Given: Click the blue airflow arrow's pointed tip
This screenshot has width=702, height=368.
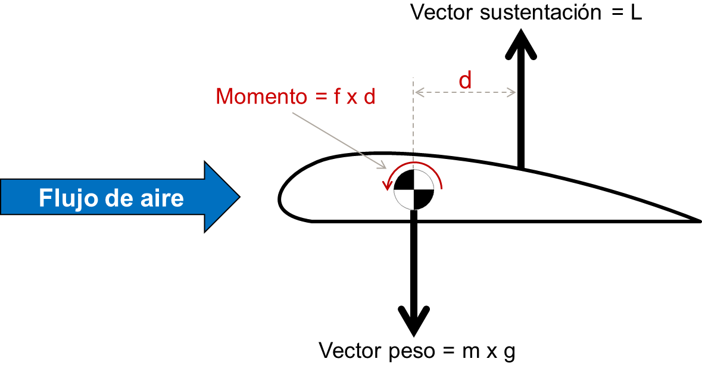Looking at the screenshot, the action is coord(240,197).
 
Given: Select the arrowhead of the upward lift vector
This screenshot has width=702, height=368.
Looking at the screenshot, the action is coord(520,44).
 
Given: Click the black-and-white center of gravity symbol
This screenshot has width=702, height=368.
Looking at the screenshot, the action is coord(414,190).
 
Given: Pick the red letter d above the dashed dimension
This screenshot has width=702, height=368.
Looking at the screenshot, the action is coord(465,80).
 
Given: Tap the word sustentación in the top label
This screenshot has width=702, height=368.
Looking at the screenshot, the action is coord(541,13).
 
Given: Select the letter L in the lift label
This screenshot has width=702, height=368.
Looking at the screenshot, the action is coord(636,13).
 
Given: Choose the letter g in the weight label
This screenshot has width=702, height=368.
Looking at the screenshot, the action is coord(509,353).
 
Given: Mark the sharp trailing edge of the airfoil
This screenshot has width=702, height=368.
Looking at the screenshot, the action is coord(700,220).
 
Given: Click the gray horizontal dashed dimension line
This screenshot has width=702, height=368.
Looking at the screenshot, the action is coord(465,93).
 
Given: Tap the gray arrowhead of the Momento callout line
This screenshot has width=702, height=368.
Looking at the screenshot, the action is coord(383,166).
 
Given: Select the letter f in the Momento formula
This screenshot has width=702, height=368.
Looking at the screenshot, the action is coord(337,96).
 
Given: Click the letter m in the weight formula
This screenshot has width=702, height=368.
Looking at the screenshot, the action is coord(470,352).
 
